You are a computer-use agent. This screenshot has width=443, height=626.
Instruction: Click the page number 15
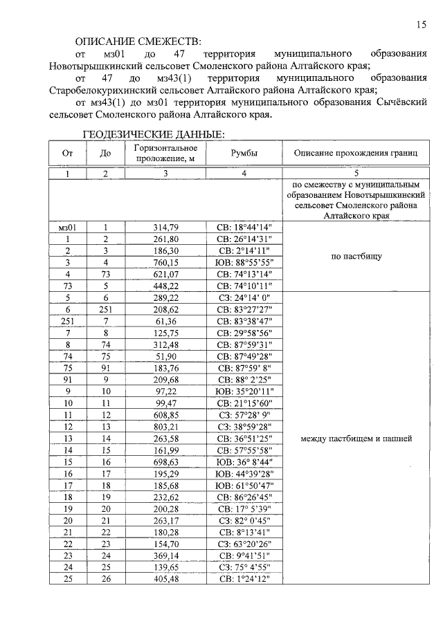[x=421, y=25]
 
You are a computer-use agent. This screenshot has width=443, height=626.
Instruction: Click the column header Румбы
[x=244, y=154]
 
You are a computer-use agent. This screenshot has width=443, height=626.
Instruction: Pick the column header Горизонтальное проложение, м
[x=165, y=154]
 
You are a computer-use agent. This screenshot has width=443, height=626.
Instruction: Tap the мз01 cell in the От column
[x=67, y=226]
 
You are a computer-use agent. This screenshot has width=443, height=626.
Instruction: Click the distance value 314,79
[x=166, y=226]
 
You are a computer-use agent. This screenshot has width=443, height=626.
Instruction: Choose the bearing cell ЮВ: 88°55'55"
[x=245, y=262]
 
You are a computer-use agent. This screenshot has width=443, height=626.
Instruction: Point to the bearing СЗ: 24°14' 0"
[x=245, y=299]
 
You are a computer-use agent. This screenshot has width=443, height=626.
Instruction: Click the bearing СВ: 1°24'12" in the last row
[x=245, y=578]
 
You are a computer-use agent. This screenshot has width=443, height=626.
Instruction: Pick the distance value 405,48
[x=166, y=578]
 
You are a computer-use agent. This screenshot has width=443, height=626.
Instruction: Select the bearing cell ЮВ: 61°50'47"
[x=245, y=487]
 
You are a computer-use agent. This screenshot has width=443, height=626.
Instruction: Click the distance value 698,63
[x=166, y=462]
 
